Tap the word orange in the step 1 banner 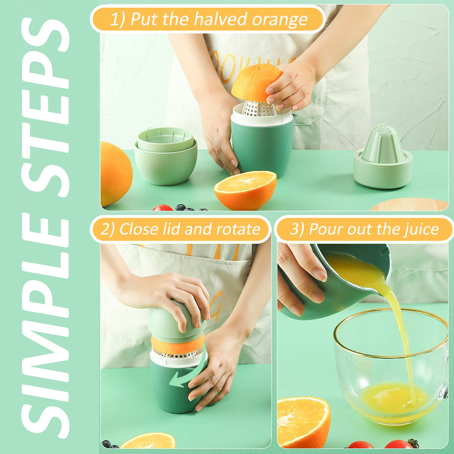point(280,20)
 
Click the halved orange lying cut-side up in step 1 point(246,190)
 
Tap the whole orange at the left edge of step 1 point(116,174)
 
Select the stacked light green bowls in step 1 point(166,156)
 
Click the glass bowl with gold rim point(391,366)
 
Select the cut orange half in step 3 point(303,422)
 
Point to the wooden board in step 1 point(410,205)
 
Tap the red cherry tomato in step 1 point(162,207)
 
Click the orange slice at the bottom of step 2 point(148,441)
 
